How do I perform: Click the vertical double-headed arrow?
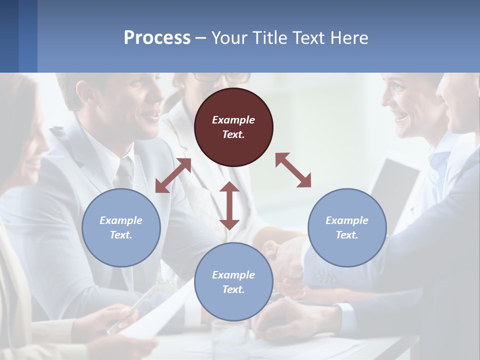tap(229, 205)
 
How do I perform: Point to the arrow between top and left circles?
tap(173, 175)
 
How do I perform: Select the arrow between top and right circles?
tap(293, 170)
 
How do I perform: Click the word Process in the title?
tap(157, 37)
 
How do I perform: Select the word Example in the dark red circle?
tap(233, 120)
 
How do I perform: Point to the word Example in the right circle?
tap(347, 220)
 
